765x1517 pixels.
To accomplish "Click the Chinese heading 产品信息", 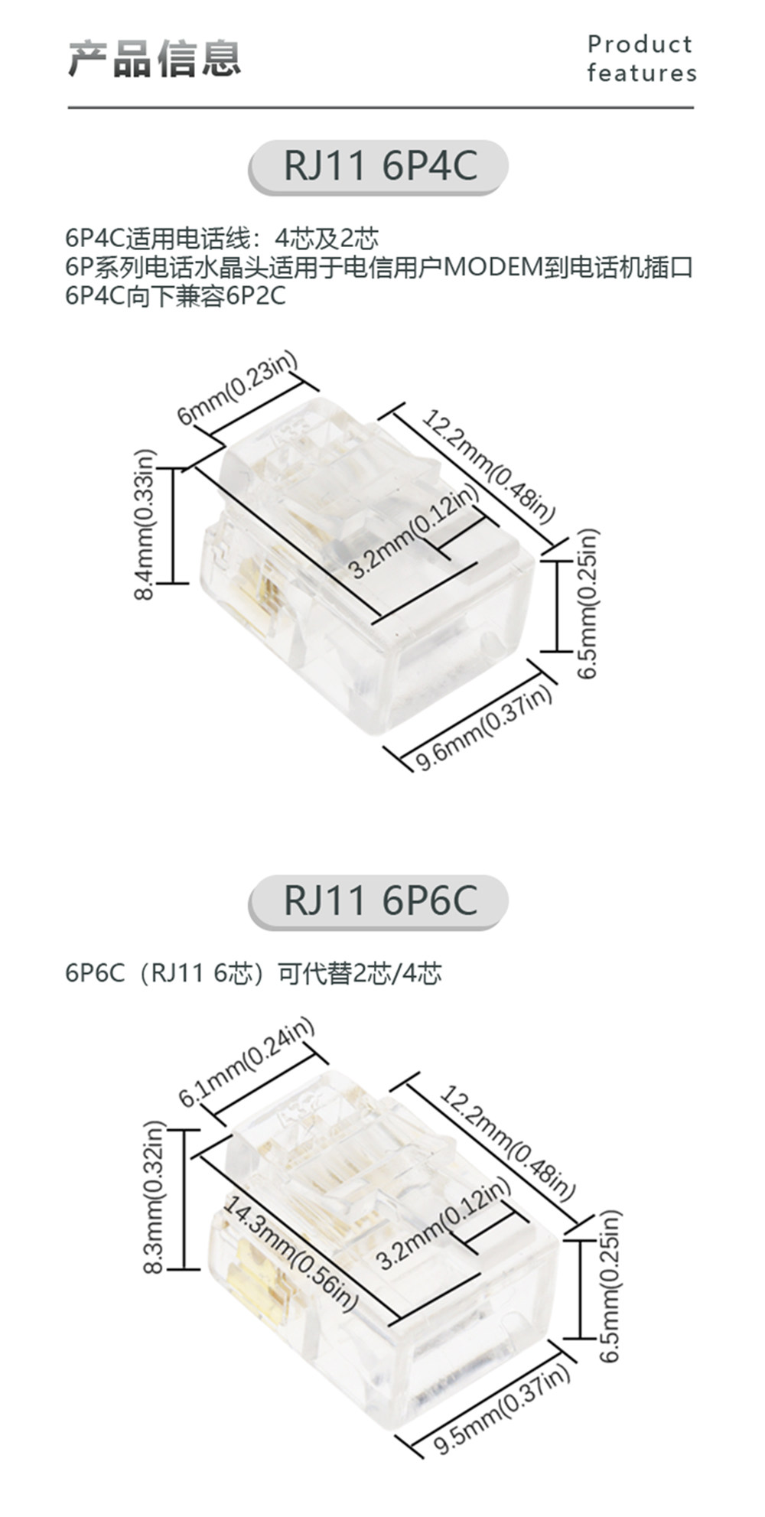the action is [155, 59].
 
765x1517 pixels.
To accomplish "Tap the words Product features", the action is [642, 59].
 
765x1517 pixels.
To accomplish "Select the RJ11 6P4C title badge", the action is [379, 166].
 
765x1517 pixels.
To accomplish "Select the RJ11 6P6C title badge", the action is [379, 900].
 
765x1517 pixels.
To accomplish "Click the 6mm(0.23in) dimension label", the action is [236, 390].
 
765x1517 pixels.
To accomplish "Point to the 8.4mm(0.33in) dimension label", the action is [145, 524].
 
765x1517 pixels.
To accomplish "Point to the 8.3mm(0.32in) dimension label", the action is [154, 1197].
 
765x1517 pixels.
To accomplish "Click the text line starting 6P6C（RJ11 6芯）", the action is [253, 974].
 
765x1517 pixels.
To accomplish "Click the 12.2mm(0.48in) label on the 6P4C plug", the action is [488, 467].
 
